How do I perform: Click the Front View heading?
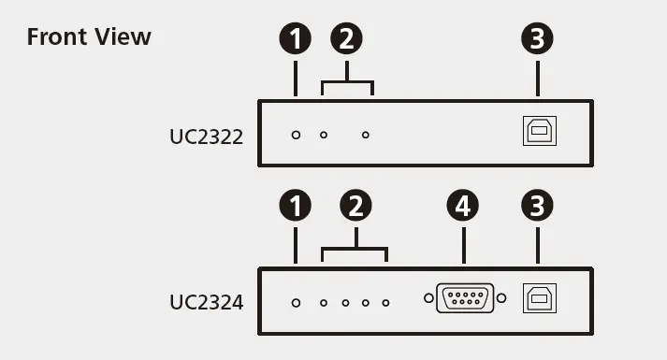click(x=89, y=36)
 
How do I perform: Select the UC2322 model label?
click(x=206, y=137)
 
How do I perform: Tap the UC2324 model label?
click(x=206, y=302)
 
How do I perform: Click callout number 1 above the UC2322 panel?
click(x=296, y=39)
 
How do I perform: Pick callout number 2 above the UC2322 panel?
click(x=347, y=39)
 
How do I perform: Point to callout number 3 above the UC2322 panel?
click(x=537, y=39)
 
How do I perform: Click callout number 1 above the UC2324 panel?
click(x=296, y=207)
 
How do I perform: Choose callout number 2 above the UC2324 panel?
click(x=354, y=207)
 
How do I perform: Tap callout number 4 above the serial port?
click(x=463, y=207)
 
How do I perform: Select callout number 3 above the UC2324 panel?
click(x=537, y=207)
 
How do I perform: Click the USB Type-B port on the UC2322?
click(x=538, y=132)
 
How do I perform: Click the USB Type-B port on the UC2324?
click(x=538, y=298)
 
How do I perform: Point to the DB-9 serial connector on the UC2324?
click(x=465, y=299)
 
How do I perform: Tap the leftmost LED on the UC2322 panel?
click(x=296, y=135)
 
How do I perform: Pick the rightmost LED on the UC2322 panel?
click(x=366, y=135)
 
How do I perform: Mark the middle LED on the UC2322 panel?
click(x=324, y=135)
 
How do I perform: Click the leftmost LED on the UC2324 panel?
click(x=296, y=302)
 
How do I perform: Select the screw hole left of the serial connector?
click(x=429, y=299)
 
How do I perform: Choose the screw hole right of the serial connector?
click(x=501, y=299)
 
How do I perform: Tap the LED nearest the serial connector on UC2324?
click(x=385, y=302)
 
